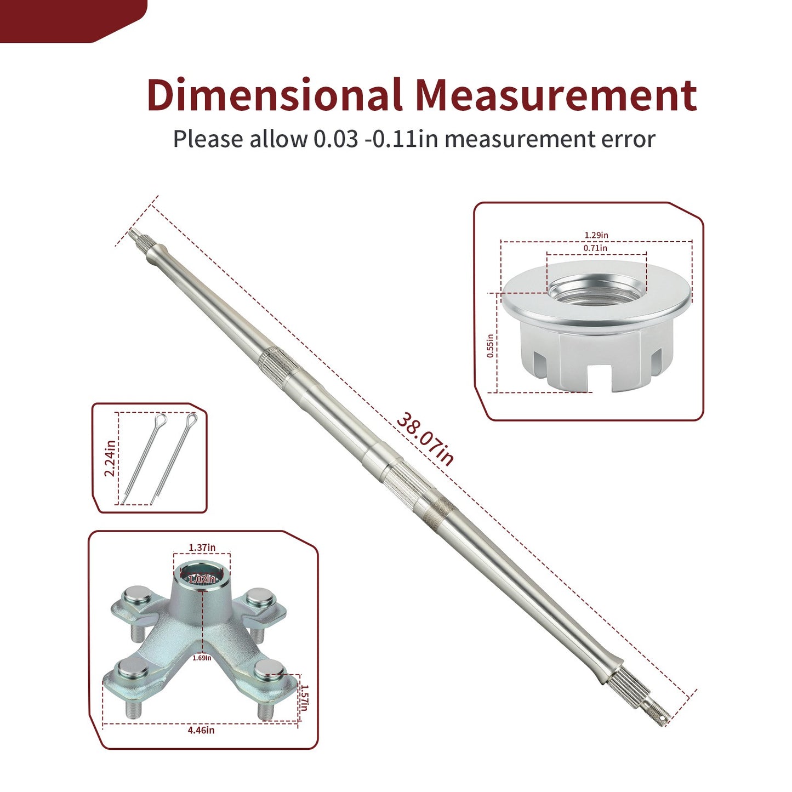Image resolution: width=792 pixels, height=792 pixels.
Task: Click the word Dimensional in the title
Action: (x=275, y=94)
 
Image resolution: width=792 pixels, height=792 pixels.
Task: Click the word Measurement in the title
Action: (x=556, y=94)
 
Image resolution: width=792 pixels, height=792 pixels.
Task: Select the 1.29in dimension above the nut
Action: (x=596, y=235)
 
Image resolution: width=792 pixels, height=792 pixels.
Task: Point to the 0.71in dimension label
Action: (x=595, y=248)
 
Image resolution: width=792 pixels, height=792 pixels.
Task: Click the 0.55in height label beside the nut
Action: (x=490, y=346)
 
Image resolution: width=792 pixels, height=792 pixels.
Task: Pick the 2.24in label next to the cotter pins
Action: (x=110, y=458)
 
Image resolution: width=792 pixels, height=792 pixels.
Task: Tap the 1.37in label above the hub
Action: (x=202, y=548)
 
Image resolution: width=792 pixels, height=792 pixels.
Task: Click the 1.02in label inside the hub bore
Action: (x=201, y=579)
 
